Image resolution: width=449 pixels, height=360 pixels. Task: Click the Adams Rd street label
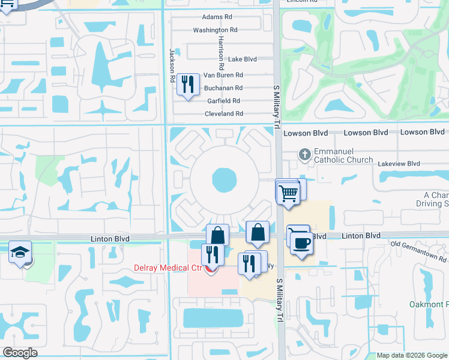(x=217, y=17)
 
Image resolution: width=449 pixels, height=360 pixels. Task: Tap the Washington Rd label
(x=215, y=30)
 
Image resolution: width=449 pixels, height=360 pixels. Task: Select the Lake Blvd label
(x=243, y=59)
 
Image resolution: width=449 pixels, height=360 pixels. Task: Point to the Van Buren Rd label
(x=223, y=75)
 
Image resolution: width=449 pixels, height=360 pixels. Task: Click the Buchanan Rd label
(x=223, y=88)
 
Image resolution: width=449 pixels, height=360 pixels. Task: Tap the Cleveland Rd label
(x=224, y=113)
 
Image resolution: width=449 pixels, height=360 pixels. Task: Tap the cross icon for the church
(x=305, y=154)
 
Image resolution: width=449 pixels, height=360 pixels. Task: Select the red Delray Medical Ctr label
(x=158, y=267)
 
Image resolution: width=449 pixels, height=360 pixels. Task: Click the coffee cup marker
(x=301, y=242)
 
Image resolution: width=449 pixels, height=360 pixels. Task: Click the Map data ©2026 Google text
(x=411, y=355)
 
